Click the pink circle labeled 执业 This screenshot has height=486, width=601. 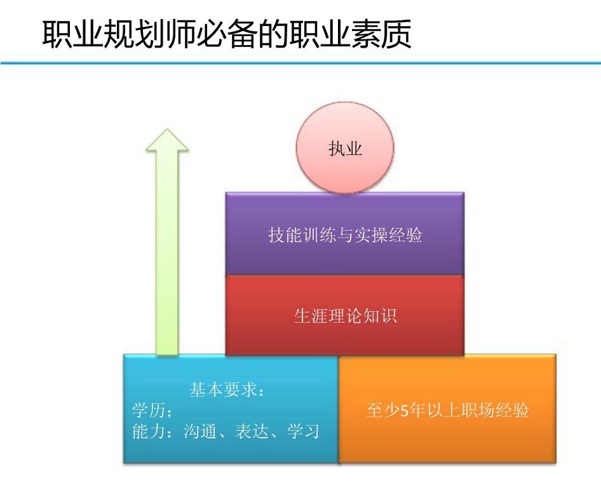[x=345, y=147]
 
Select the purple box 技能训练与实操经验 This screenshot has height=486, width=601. [x=345, y=234]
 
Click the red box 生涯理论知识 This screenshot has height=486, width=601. [x=345, y=316]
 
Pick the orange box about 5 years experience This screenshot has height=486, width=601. [x=447, y=409]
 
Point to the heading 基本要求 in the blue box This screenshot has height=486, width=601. [x=223, y=390]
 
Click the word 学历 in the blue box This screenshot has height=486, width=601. [x=149, y=410]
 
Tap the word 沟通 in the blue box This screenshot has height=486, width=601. [x=200, y=431]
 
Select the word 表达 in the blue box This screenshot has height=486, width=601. [x=252, y=431]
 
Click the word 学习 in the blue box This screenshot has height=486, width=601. [x=303, y=431]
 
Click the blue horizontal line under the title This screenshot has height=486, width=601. [x=300, y=63]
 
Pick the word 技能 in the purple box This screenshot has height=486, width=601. [x=285, y=234]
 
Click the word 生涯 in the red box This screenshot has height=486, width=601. [x=311, y=316]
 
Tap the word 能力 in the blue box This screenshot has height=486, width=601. [x=149, y=431]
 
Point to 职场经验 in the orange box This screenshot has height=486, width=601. [x=495, y=410]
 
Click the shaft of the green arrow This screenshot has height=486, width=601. [x=167, y=253]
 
